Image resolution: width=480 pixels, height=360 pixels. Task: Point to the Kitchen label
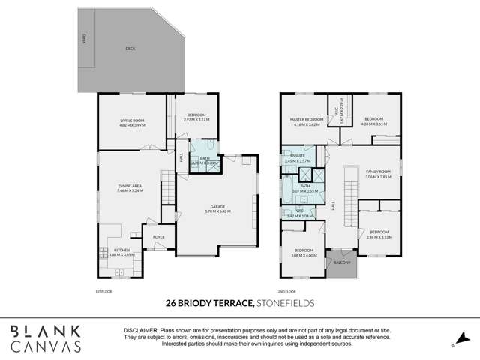(x=121, y=251)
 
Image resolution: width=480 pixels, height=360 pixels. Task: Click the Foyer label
(x=158, y=237)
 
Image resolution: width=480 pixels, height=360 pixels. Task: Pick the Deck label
(x=130, y=50)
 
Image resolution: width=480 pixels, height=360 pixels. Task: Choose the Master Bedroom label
(x=307, y=119)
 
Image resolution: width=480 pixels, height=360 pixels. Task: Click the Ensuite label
(x=296, y=157)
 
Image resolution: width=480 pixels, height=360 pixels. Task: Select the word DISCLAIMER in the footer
(x=139, y=330)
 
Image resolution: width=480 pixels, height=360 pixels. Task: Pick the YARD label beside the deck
(x=84, y=37)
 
